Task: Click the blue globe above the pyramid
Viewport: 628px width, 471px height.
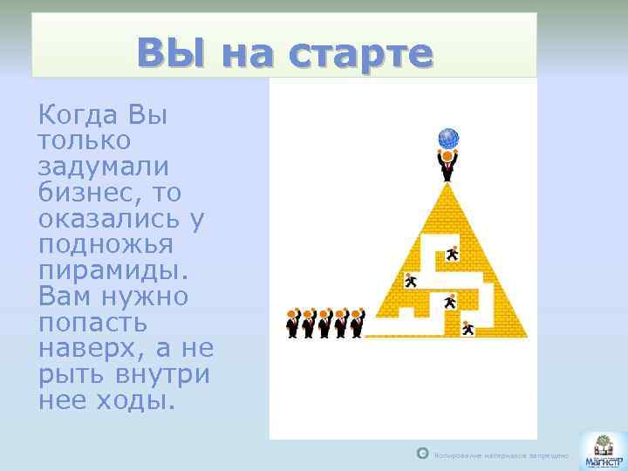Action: (448, 139)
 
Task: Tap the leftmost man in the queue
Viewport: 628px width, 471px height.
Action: (292, 323)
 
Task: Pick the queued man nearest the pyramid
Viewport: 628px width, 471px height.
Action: (356, 323)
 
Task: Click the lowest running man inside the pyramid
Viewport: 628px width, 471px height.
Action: (468, 328)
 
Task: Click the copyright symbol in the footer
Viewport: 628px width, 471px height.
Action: (423, 454)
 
